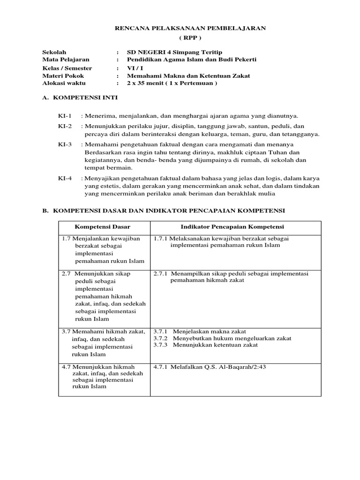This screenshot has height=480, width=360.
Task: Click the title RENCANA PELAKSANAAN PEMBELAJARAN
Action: pyautogui.click(x=190, y=28)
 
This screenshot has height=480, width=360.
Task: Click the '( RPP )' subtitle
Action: pyautogui.click(x=190, y=37)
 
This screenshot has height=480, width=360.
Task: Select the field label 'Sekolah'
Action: pyautogui.click(x=54, y=52)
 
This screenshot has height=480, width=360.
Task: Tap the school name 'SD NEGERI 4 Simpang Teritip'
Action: pyautogui.click(x=175, y=52)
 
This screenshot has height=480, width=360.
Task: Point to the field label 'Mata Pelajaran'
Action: pyautogui.click(x=66, y=60)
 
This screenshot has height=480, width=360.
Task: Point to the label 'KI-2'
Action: pyautogui.click(x=65, y=127)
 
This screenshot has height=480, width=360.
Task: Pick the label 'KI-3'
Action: pyautogui.click(x=65, y=145)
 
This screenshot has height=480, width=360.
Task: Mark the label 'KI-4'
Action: pyautogui.click(x=65, y=179)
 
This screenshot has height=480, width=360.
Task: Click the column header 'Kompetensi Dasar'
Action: pyautogui.click(x=103, y=227)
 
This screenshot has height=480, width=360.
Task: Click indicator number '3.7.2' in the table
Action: pyautogui.click(x=161, y=338)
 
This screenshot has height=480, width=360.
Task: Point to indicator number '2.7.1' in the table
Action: pyautogui.click(x=161, y=273)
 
